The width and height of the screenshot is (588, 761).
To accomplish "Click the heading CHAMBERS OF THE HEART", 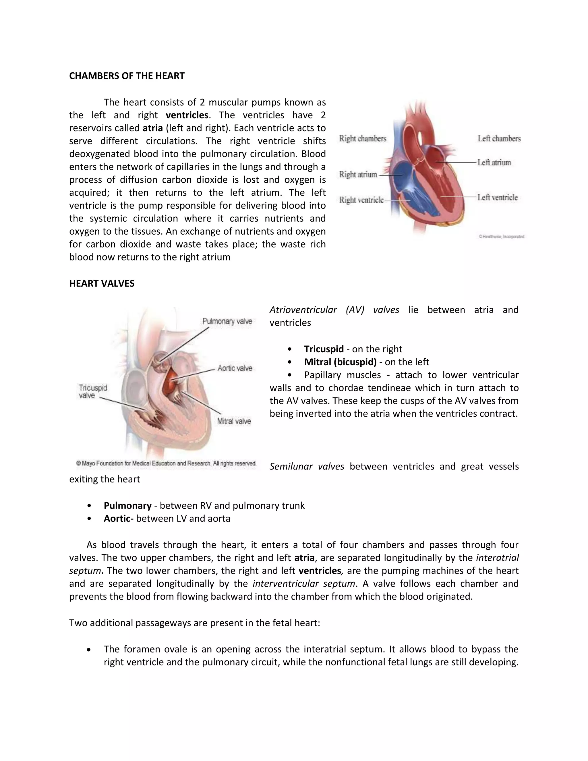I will pos(127,76).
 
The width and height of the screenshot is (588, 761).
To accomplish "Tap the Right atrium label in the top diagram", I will pos(358,175).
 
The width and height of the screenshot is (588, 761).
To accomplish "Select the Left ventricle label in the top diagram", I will pos(498,198).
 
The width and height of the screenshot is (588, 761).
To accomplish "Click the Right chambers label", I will pos(363,139).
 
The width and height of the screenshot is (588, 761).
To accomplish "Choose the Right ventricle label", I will pos(361,200).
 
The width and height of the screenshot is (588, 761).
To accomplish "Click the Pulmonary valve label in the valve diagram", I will pos(227,321).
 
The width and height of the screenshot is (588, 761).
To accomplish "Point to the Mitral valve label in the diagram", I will pos(234,421).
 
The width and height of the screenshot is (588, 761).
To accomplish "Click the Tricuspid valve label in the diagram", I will pos(92,392).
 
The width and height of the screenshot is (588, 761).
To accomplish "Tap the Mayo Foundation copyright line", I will pos(166,463).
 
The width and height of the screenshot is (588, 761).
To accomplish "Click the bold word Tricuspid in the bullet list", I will pos(324,349).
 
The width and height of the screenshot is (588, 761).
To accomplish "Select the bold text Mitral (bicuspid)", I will pos(340,362).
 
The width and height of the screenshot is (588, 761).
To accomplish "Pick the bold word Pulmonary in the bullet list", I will pos(127,506).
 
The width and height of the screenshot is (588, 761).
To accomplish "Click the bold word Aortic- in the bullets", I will pos(119,518).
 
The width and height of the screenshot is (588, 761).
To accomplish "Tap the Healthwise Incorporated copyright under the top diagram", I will pos(501,237).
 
